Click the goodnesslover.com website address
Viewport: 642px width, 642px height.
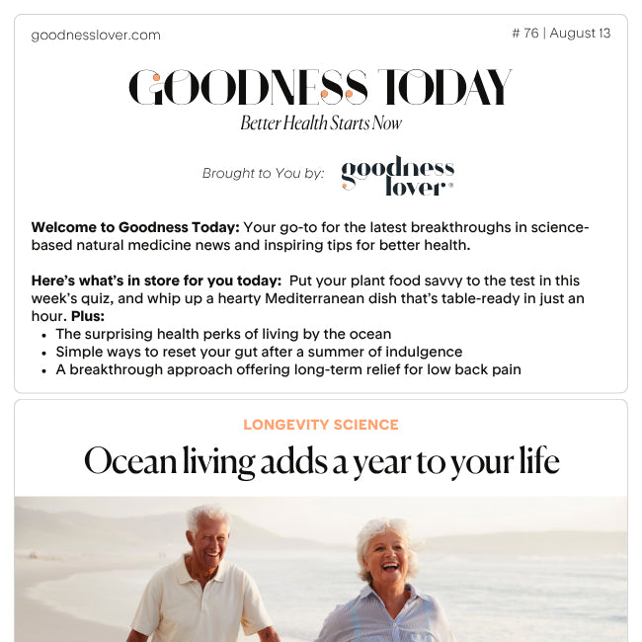tap(95, 36)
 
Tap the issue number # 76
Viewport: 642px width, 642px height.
tap(525, 34)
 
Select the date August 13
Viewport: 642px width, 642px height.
tap(580, 34)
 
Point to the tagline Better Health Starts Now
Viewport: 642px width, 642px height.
tap(321, 123)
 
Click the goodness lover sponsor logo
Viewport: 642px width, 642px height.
tap(397, 175)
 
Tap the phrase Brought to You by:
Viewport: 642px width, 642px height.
tap(263, 174)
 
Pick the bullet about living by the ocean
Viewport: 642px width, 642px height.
tap(223, 334)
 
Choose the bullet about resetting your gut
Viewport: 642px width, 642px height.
tap(259, 352)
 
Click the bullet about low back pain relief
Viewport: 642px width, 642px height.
tap(288, 369)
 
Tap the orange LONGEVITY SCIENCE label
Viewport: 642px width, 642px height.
tap(321, 425)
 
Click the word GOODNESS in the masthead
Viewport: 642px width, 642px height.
tap(247, 88)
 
